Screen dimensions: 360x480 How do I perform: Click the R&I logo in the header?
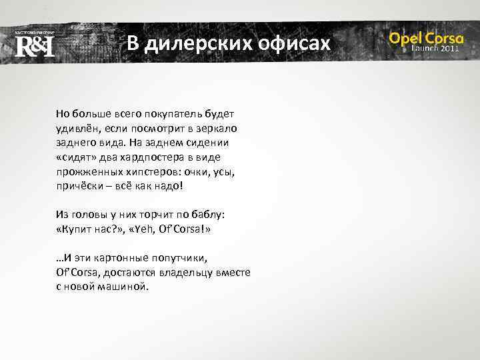34,45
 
